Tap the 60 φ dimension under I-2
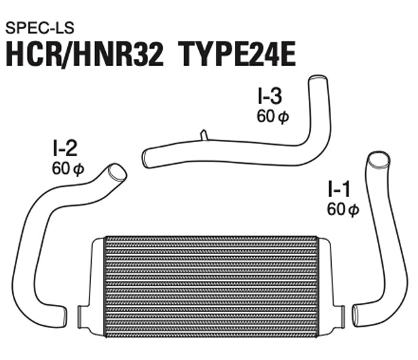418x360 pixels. coord(67,168)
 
